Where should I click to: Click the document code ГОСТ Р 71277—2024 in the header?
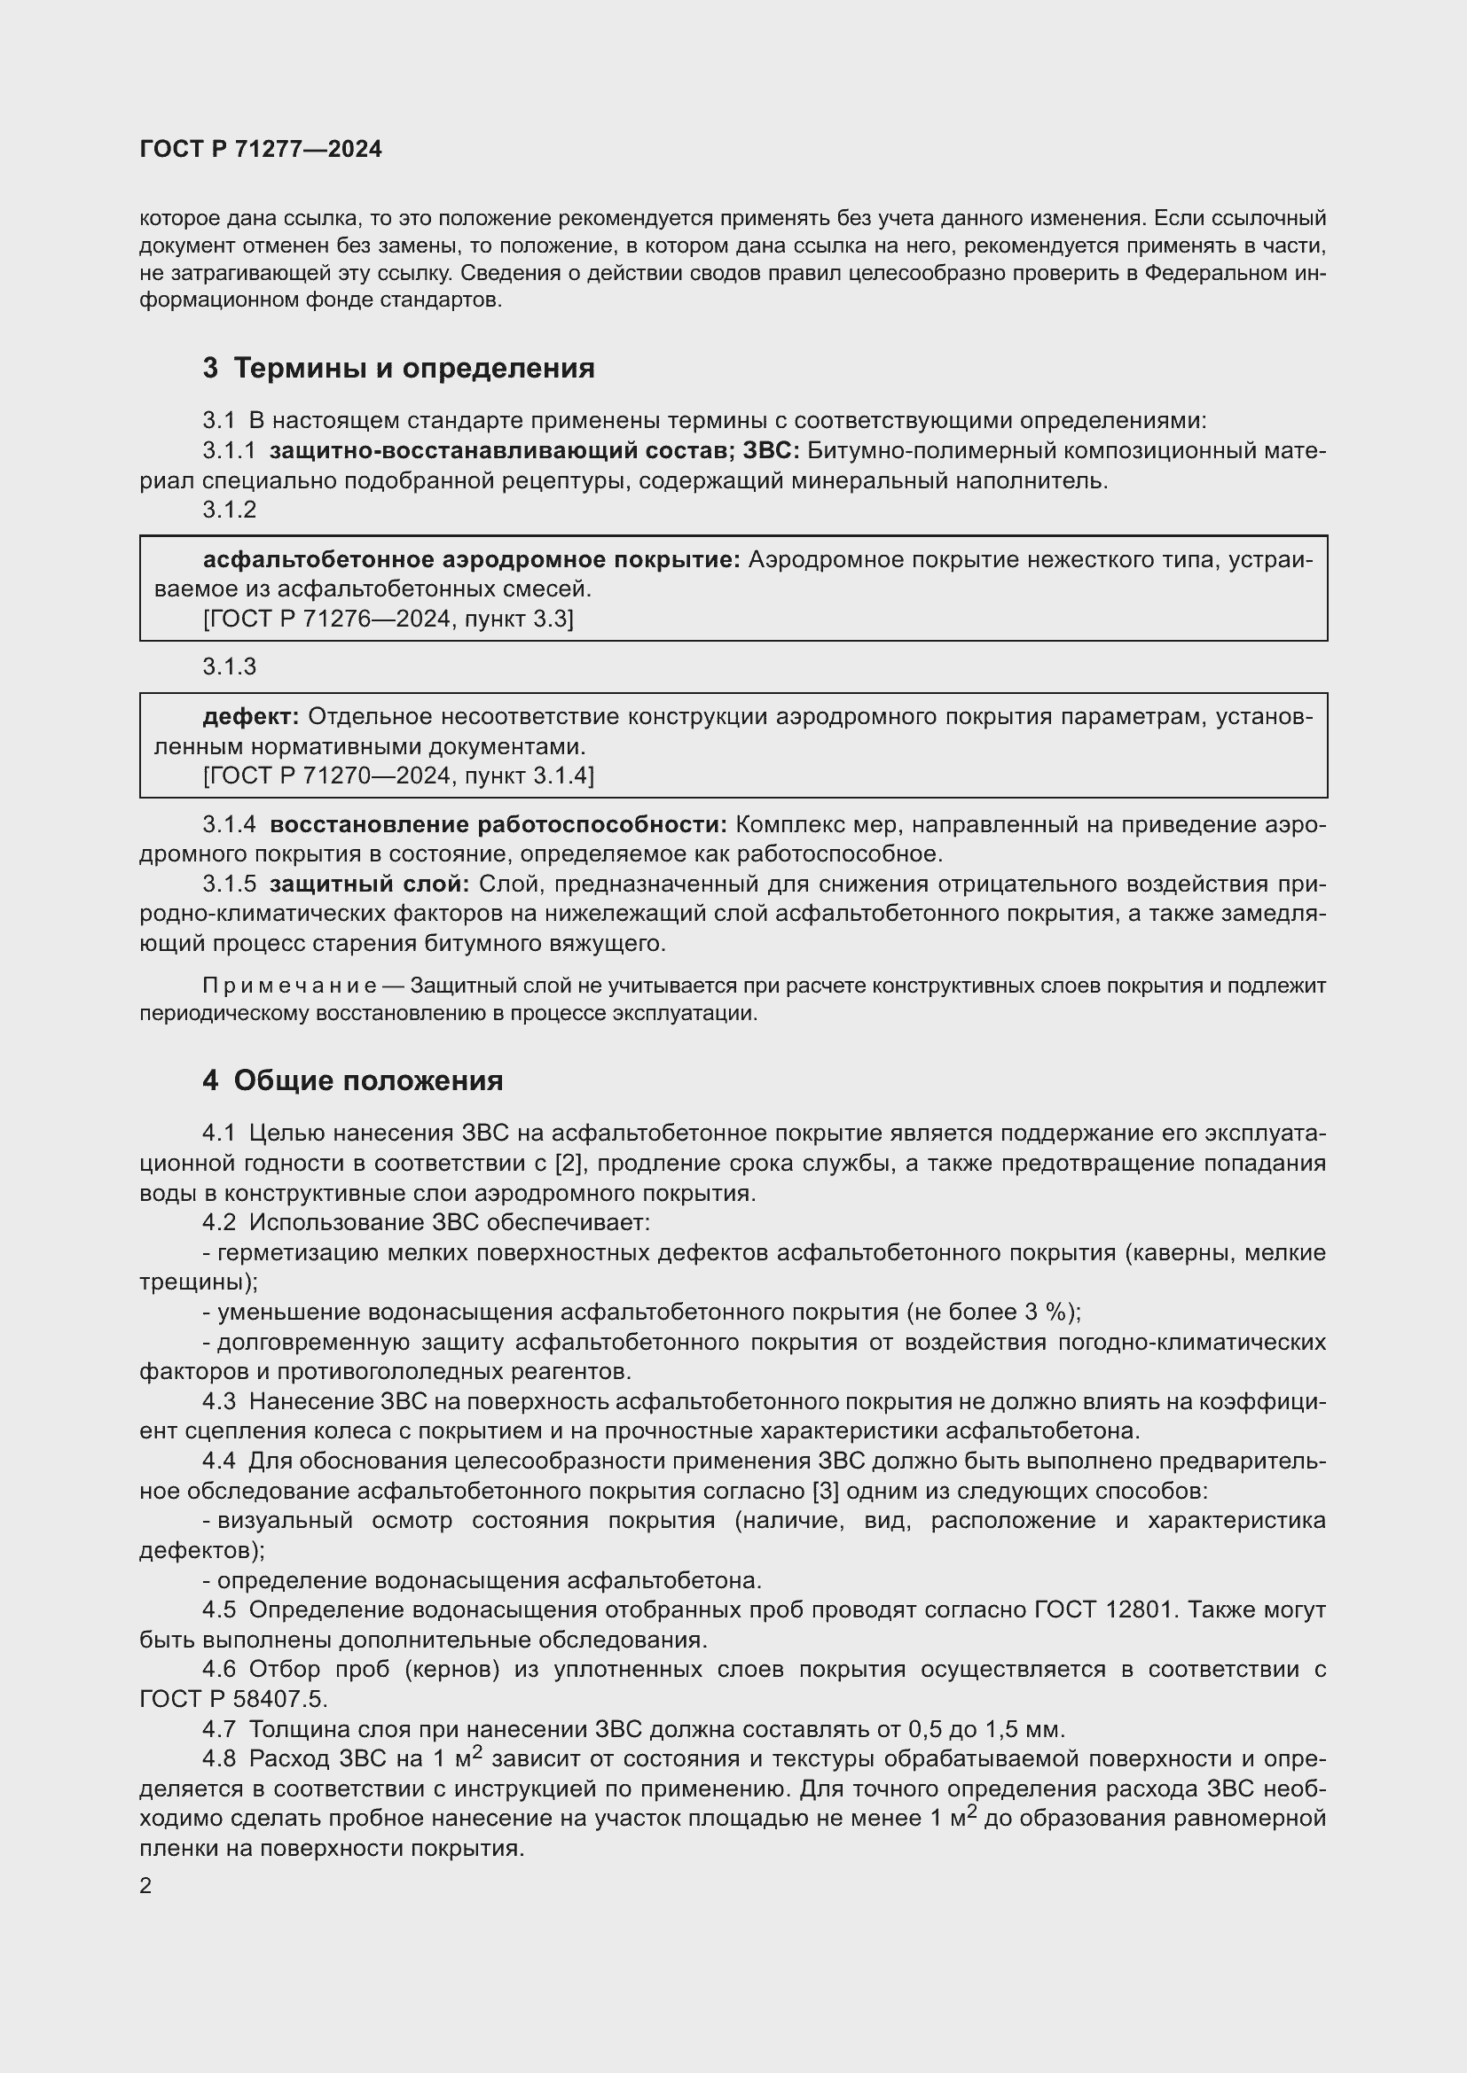261,149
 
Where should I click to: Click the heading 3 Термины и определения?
398,368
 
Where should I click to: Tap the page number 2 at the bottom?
146,1885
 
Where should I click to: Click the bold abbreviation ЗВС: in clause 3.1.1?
771,450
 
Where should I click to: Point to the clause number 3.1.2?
230,510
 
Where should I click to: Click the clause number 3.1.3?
230,666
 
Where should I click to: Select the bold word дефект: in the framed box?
250,717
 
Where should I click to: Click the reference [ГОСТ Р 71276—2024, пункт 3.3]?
388,619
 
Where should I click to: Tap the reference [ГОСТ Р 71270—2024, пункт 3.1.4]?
398,775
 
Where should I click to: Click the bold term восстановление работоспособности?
498,824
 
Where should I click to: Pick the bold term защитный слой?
370,884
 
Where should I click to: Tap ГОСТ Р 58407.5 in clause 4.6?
231,1699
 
